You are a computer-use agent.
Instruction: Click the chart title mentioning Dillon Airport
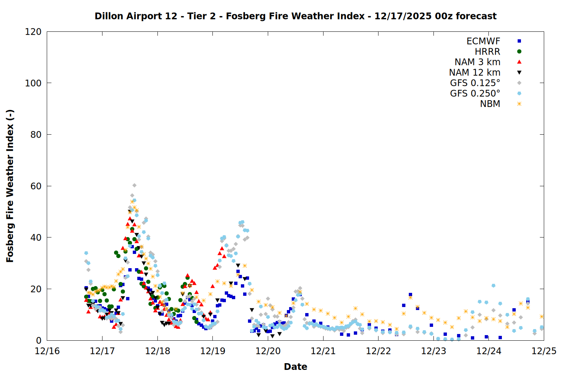tap(295, 16)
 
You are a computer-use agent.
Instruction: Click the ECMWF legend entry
tap(483, 41)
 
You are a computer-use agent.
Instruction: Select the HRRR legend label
tap(487, 52)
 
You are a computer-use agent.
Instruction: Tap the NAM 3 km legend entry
tap(477, 62)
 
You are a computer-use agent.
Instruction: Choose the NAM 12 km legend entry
tap(475, 73)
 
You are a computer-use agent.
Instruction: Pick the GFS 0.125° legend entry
tap(475, 83)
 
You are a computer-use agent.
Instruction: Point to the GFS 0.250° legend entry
tap(475, 93)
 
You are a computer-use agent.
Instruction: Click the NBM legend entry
tap(490, 104)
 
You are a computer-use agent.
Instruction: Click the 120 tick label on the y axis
tap(33, 32)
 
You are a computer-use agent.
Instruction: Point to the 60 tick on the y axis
tap(36, 186)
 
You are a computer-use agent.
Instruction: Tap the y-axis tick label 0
tap(39, 341)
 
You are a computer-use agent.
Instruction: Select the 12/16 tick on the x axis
tap(47, 351)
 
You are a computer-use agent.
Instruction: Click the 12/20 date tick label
tap(268, 351)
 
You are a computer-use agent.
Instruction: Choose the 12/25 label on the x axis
tap(544, 351)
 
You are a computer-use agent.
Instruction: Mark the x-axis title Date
tap(295, 367)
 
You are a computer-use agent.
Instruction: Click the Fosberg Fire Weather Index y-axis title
tap(10, 186)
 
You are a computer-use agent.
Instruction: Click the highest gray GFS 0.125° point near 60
tap(134, 186)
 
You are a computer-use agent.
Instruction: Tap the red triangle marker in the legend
tap(519, 62)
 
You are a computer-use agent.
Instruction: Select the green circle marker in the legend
tap(519, 52)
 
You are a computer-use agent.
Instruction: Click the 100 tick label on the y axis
tap(33, 83)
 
